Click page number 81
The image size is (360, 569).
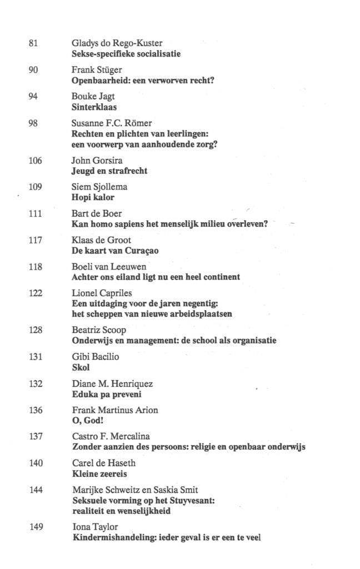32,43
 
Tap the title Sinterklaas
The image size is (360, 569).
94,107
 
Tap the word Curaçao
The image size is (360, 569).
140,251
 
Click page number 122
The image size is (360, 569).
34,293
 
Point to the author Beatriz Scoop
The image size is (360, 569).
99,330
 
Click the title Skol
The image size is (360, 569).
81,367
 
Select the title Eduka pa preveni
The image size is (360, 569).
107,394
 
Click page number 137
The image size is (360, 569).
35,436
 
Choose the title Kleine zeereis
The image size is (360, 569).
100,473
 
